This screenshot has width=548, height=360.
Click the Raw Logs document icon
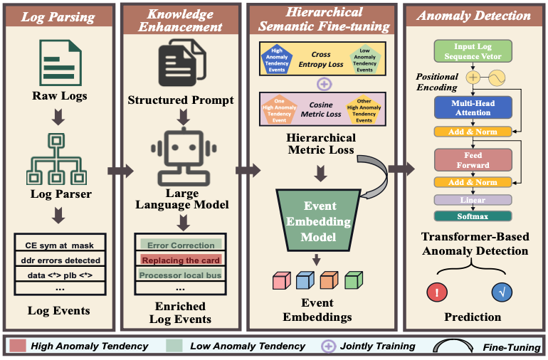(59, 63)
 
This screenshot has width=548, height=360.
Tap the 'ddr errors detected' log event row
(58, 260)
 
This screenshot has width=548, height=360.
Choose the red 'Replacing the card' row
(180, 260)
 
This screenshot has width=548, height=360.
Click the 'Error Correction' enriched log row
(181, 245)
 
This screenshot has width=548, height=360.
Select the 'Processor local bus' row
(181, 275)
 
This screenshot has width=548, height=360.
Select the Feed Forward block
(473, 160)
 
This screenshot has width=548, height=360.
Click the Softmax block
(473, 216)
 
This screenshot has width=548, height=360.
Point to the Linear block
(473, 201)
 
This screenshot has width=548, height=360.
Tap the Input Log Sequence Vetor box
(473, 51)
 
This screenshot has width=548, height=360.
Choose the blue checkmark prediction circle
(502, 292)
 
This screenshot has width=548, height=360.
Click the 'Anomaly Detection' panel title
(473, 14)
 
